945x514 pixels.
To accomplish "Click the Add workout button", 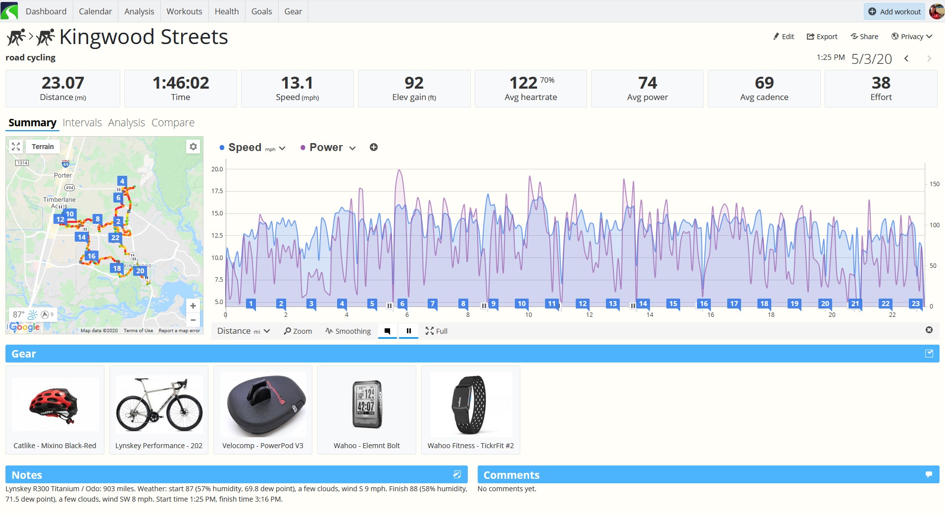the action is [x=895, y=11].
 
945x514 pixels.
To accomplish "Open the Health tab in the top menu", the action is [x=227, y=11].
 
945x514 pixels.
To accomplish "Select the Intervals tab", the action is [x=82, y=123].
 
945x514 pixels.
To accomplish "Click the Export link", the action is [x=822, y=37].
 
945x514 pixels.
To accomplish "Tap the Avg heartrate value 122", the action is [x=523, y=83].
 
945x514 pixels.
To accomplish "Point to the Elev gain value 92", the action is [x=414, y=83].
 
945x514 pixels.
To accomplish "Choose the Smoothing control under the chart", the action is [x=348, y=331].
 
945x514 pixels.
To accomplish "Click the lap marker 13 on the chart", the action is [x=613, y=304].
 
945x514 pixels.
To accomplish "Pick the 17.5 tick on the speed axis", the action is [x=217, y=191].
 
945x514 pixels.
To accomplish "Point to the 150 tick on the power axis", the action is [x=934, y=184].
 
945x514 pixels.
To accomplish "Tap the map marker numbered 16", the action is [x=92, y=256].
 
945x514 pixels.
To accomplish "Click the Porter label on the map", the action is [x=63, y=175].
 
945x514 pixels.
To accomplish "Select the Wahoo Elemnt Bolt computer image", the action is [x=367, y=404].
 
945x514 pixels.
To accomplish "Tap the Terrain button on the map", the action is [x=43, y=147].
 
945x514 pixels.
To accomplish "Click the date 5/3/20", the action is [x=871, y=59].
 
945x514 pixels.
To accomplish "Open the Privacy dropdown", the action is [x=912, y=37].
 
